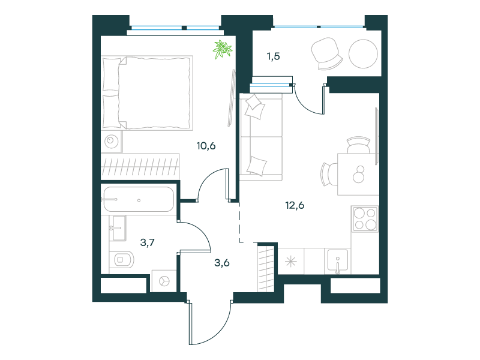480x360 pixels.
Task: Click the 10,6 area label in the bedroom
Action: pos(206,146)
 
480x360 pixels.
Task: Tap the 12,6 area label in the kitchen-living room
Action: pos(295,205)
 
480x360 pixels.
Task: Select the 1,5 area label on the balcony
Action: pos(274,56)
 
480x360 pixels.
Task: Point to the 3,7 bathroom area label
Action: pos(147,243)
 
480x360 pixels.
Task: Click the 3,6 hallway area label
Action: pos(222,263)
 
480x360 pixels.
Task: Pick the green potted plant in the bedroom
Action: pos(223,49)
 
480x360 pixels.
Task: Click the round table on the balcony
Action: pos(363,54)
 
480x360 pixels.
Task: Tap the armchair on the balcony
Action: pos(326,54)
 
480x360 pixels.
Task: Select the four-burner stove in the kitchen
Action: pos(365,218)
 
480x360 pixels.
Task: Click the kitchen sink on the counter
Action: pos(338,261)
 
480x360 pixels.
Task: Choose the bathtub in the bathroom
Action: pos(139,199)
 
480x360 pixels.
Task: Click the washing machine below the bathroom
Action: pos(164,281)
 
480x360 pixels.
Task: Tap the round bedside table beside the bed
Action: pos(112,142)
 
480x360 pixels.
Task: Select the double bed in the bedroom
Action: pos(147,93)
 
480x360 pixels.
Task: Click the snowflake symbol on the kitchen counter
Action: pos(291,262)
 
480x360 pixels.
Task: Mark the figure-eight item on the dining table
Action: pos(358,175)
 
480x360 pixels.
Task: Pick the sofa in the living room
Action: pos(261,137)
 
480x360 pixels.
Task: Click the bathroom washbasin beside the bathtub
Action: pos(118,228)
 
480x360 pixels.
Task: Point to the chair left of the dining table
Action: pos(329,174)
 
